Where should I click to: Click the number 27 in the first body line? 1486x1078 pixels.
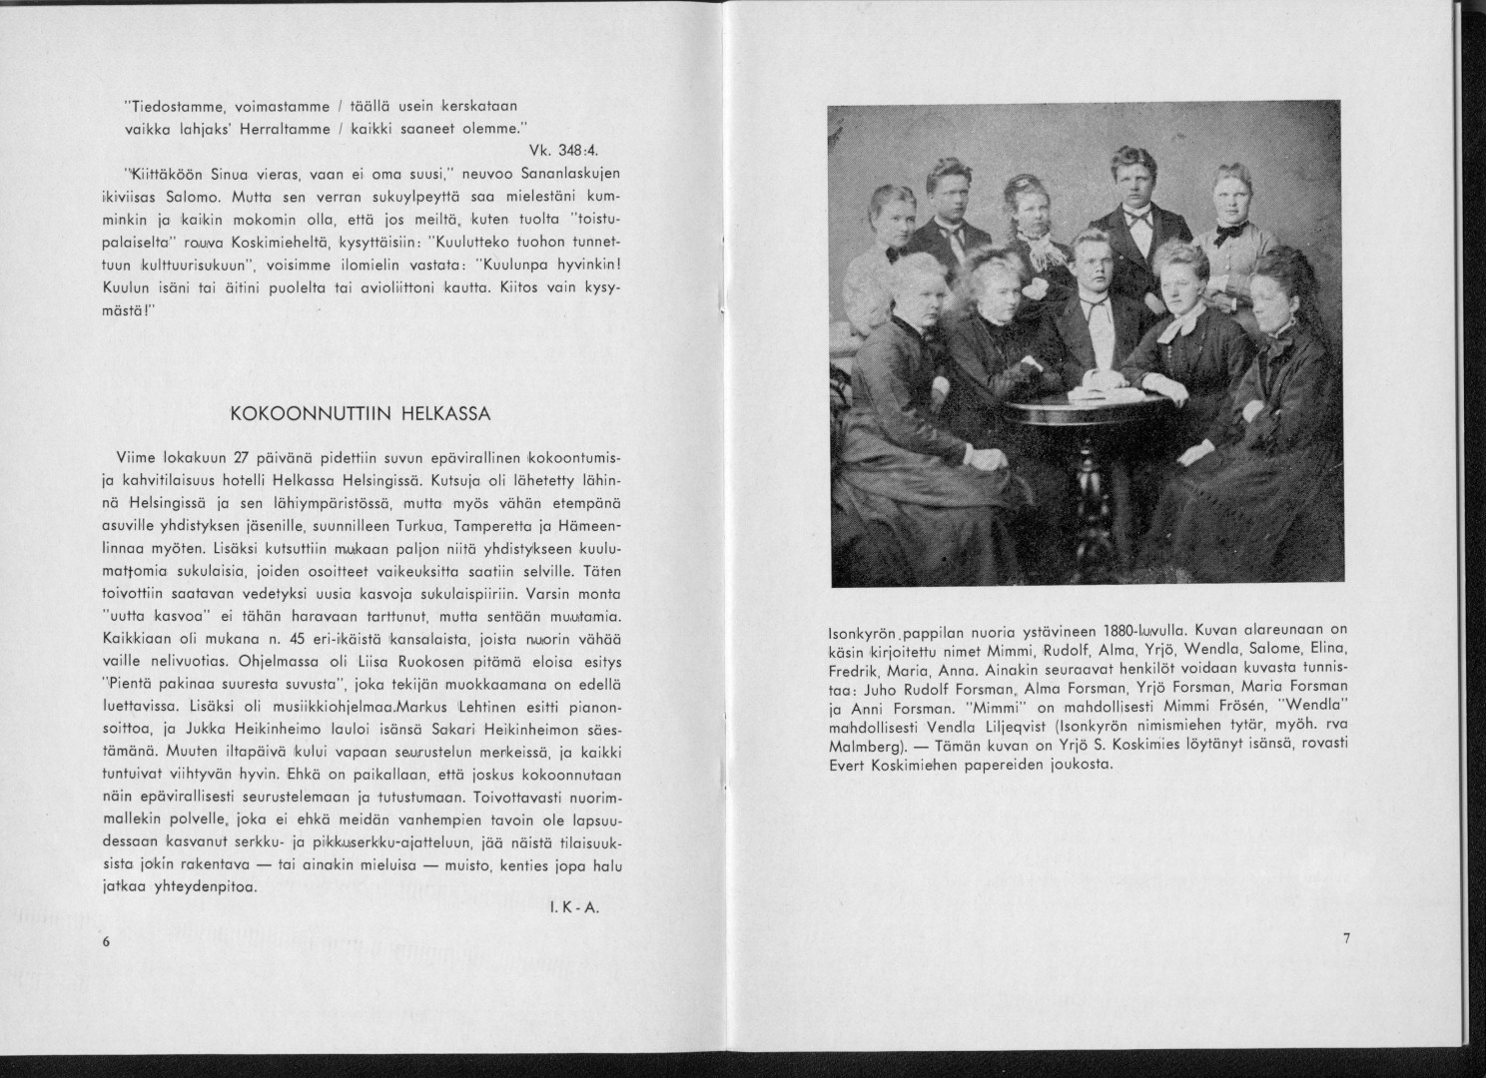239,458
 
